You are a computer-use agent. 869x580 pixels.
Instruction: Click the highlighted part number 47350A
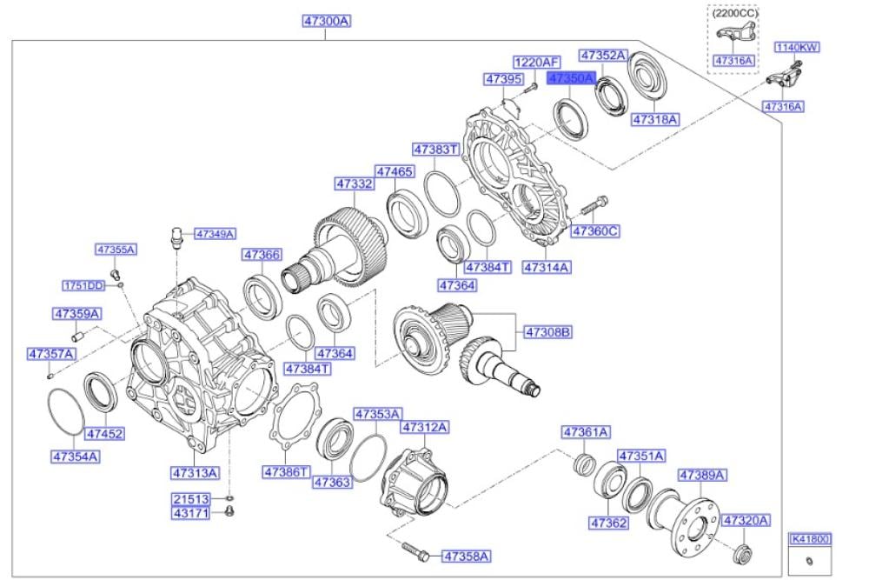(x=570, y=78)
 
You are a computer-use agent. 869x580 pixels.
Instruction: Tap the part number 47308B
(x=547, y=331)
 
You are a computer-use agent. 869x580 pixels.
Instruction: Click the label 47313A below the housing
(x=194, y=472)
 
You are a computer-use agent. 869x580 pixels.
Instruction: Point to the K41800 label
(x=809, y=539)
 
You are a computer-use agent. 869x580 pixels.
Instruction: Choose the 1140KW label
(x=797, y=47)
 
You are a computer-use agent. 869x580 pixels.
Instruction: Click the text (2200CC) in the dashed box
(x=735, y=14)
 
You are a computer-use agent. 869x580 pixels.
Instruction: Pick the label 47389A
(x=702, y=475)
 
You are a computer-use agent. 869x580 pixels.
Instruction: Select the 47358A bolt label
(x=466, y=555)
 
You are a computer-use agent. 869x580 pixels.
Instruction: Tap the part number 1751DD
(x=83, y=285)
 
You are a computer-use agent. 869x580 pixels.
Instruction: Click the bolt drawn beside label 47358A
(x=411, y=550)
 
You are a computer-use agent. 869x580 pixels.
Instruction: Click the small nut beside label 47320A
(x=741, y=551)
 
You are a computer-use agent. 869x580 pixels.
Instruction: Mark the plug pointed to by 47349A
(x=175, y=235)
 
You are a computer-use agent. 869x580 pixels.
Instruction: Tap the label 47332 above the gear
(x=355, y=184)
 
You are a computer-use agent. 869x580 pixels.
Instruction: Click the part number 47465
(x=394, y=172)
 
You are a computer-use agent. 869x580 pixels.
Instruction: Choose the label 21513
(x=190, y=499)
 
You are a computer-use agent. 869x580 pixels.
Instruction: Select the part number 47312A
(x=424, y=427)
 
